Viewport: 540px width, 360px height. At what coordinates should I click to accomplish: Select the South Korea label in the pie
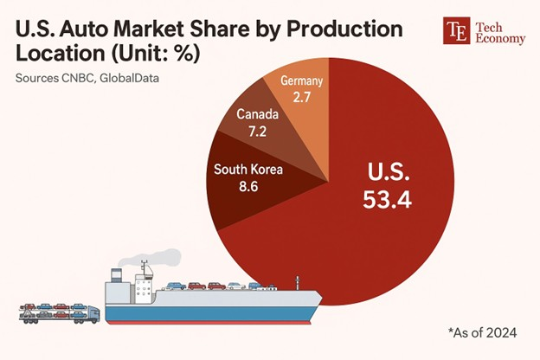click(248, 168)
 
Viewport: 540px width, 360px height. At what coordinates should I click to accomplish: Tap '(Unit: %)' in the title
click(161, 55)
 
